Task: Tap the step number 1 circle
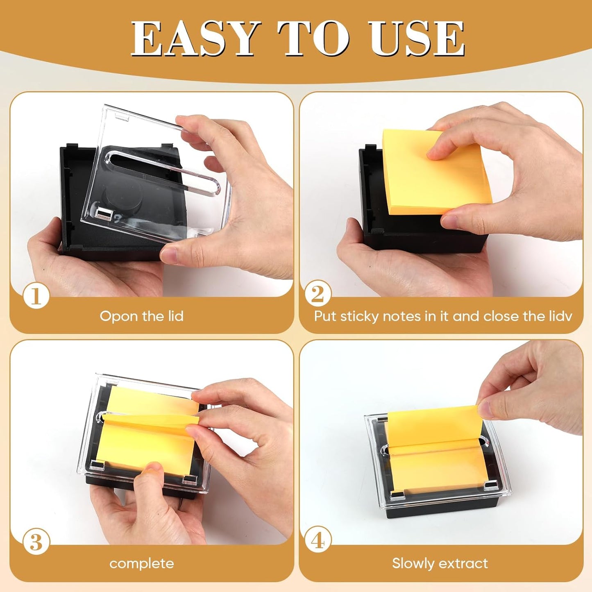36,296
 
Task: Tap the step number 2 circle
318,294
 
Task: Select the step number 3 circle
36,542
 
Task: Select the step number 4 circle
318,540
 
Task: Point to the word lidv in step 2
560,316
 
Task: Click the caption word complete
141,564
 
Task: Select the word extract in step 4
464,563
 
